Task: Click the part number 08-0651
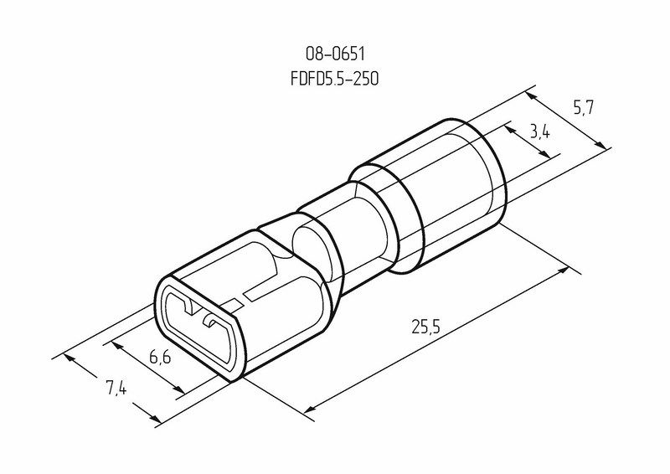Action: click(x=335, y=54)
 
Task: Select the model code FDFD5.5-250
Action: click(x=334, y=79)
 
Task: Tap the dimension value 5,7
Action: click(x=583, y=108)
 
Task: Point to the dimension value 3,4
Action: click(x=539, y=132)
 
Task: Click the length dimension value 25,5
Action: click(x=426, y=327)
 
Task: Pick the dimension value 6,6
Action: click(x=160, y=356)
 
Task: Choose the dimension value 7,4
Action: click(x=116, y=388)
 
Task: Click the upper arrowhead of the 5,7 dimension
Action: click(x=531, y=96)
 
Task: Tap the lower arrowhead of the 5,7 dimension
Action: click(x=600, y=146)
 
